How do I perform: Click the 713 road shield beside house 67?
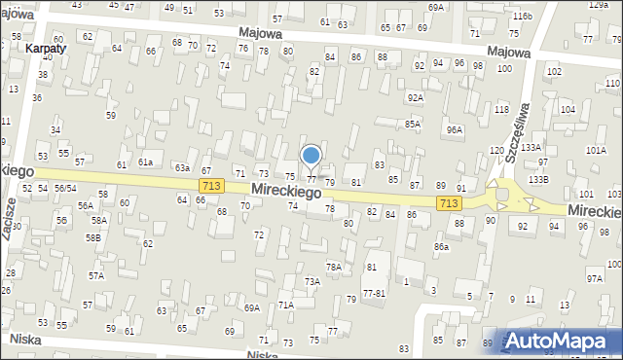(209, 185)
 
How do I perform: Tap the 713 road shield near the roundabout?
(449, 201)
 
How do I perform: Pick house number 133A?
(531, 147)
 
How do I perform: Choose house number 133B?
(538, 179)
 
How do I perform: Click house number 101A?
(596, 150)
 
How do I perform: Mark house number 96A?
(454, 129)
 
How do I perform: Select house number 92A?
(416, 97)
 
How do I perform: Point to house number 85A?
(413, 125)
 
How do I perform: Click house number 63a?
(182, 167)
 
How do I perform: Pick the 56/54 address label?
(65, 188)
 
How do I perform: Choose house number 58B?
(92, 237)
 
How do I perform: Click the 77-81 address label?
(374, 292)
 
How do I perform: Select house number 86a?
(441, 247)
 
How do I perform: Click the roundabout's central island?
(502, 195)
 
